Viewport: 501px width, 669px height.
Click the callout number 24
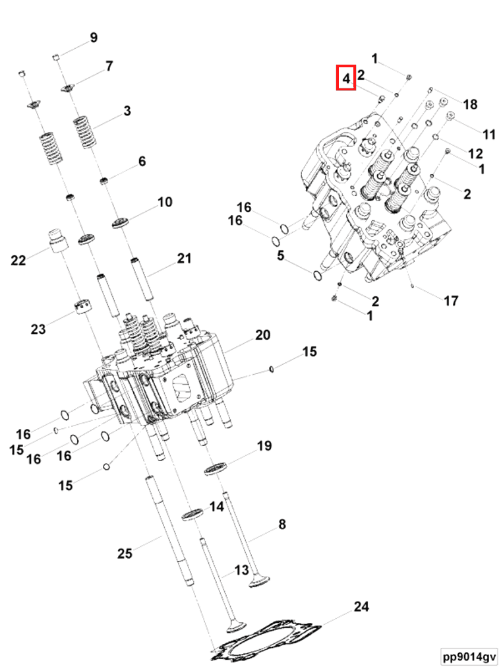click(x=361, y=606)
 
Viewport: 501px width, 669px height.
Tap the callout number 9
click(x=94, y=38)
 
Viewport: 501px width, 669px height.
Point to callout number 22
click(x=18, y=261)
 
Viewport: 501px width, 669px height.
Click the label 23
click(x=38, y=328)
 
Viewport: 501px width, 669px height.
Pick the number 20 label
click(x=262, y=335)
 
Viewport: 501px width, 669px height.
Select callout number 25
click(x=124, y=553)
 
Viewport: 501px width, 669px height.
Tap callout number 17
click(x=451, y=301)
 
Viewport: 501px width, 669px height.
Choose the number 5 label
click(x=281, y=255)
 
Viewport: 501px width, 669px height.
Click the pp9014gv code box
click(x=469, y=656)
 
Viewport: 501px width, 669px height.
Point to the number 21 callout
click(x=183, y=258)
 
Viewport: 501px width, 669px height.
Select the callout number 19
click(x=264, y=446)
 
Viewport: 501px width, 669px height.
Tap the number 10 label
click(x=165, y=202)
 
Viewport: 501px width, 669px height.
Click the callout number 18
click(x=469, y=104)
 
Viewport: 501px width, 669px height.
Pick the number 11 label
click(x=488, y=135)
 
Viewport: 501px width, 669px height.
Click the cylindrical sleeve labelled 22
click(x=57, y=240)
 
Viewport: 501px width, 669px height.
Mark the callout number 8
click(x=282, y=525)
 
